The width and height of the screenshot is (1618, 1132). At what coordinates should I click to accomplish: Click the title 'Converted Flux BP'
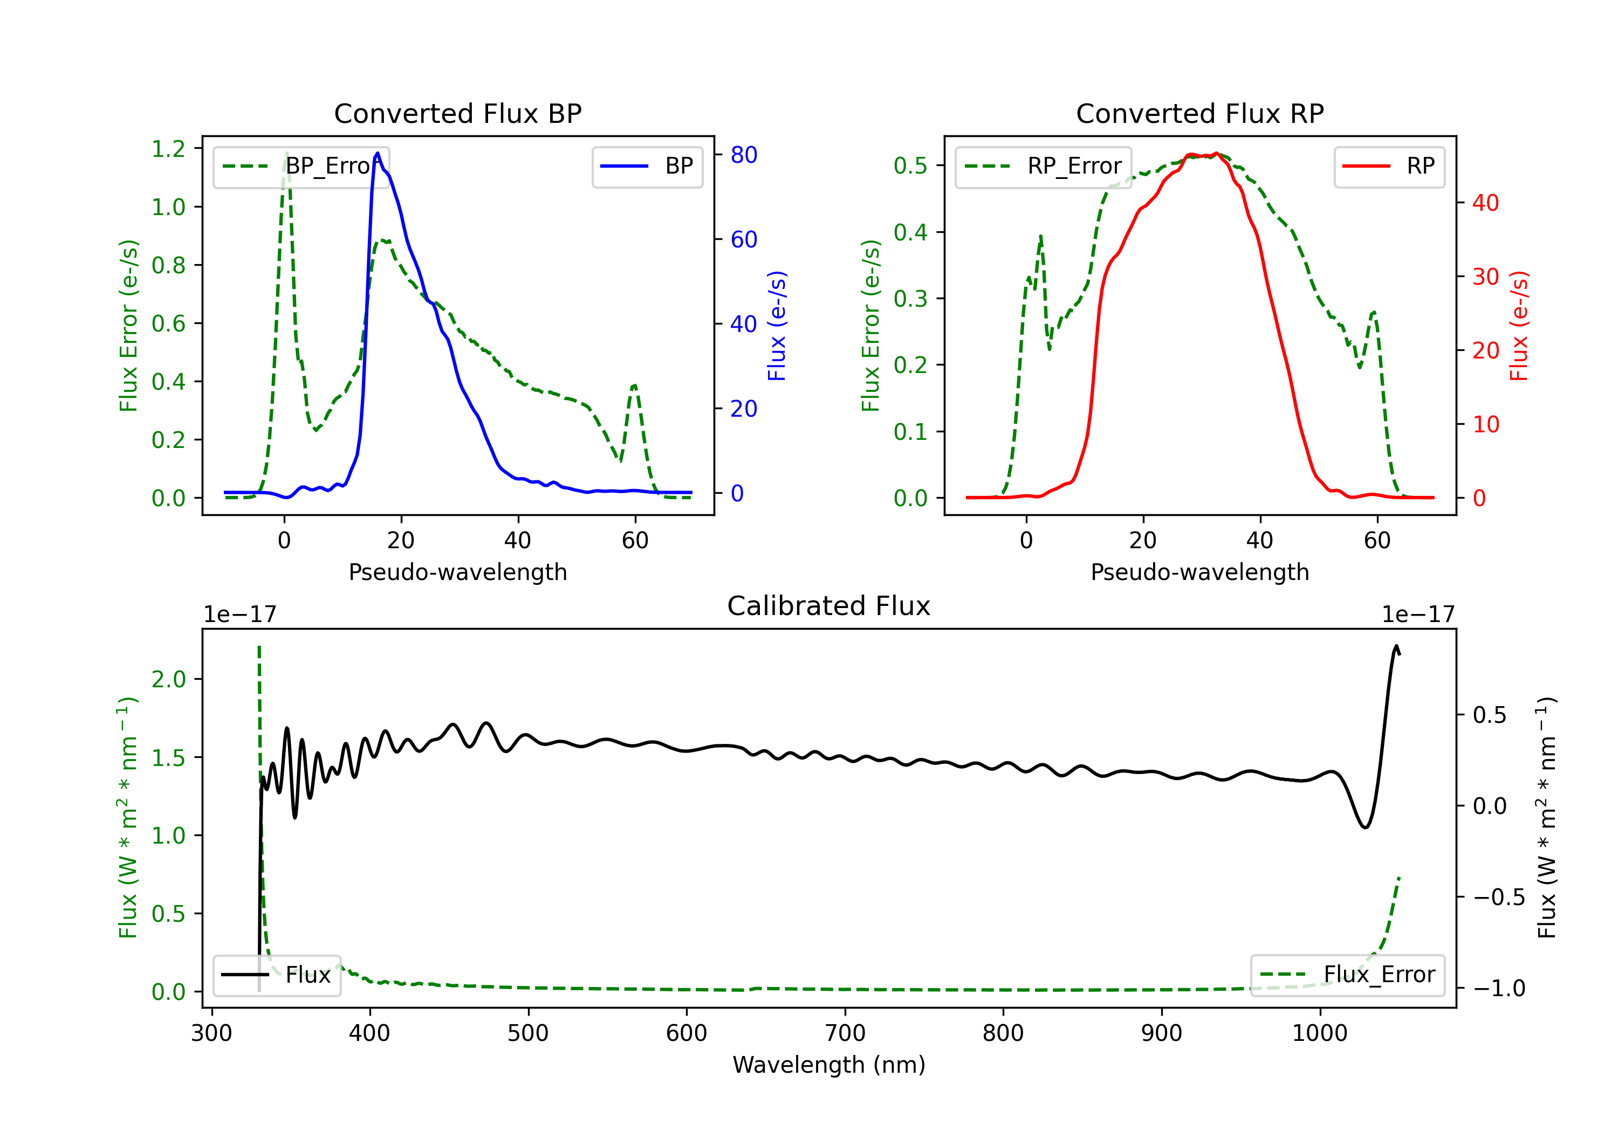click(457, 113)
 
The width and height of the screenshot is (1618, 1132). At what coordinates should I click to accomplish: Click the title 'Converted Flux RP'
click(1199, 113)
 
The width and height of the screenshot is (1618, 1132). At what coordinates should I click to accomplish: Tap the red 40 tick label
click(1485, 203)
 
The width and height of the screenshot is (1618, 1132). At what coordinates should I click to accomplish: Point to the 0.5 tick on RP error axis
click(910, 165)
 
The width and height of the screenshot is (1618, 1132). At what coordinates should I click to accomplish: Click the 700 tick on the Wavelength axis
click(845, 1033)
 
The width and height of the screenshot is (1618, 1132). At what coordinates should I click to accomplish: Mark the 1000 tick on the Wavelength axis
click(1319, 1033)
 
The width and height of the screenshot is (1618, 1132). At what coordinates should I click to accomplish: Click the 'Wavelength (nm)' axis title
click(829, 1065)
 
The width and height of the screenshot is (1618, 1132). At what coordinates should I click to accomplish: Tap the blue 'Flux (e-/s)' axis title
click(777, 326)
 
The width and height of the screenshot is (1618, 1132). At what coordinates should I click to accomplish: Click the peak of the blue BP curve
click(378, 153)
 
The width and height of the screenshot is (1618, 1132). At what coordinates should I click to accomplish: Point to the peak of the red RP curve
click(1216, 154)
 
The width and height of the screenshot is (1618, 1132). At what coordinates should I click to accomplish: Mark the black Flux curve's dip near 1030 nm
click(1365, 827)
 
